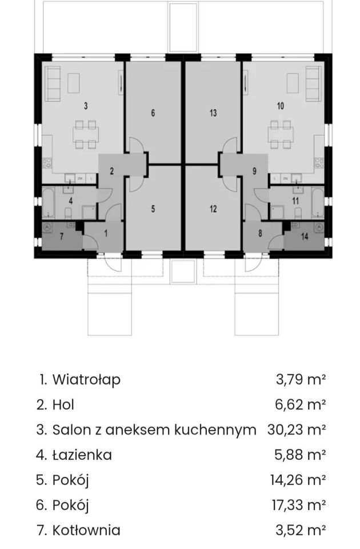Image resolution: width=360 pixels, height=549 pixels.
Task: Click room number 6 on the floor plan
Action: [153, 113]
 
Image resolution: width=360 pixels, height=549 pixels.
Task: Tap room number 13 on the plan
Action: [213, 113]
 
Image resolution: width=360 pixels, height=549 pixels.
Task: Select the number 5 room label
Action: [153, 209]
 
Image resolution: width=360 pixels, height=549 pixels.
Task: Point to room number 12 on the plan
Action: [213, 209]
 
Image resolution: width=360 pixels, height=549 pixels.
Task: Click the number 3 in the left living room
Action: [86, 106]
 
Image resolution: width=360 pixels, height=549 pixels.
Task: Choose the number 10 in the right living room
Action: [280, 106]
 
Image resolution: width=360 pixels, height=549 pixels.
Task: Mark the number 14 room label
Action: [305, 236]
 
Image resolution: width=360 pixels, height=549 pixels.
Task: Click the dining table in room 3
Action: [86, 134]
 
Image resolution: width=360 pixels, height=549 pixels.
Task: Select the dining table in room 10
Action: [281, 134]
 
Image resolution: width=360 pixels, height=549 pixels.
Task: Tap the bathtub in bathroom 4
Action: [47, 204]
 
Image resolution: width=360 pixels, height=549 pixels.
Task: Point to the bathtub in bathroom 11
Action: [319, 204]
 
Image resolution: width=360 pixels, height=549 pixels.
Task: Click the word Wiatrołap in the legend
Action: [86, 379]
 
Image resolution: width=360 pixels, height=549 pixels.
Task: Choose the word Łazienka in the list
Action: [82, 455]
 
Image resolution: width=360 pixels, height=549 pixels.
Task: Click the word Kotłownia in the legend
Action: [86, 530]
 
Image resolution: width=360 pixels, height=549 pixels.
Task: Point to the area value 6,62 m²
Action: [301, 404]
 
